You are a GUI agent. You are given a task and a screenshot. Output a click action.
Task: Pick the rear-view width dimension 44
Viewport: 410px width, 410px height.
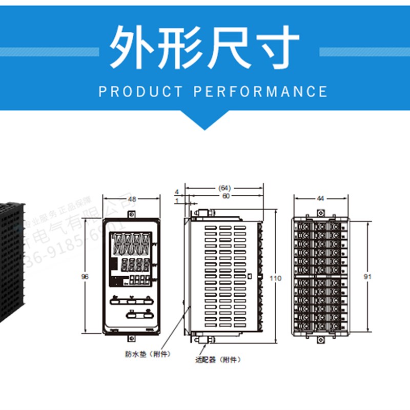click(x=321, y=198)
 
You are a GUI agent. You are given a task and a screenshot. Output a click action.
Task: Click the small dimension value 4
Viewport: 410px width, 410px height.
click(x=176, y=190)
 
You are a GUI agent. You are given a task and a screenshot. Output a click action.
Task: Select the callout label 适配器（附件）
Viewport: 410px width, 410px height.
click(x=217, y=360)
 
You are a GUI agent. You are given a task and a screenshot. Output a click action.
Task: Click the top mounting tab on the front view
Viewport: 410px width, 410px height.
click(x=132, y=213)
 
